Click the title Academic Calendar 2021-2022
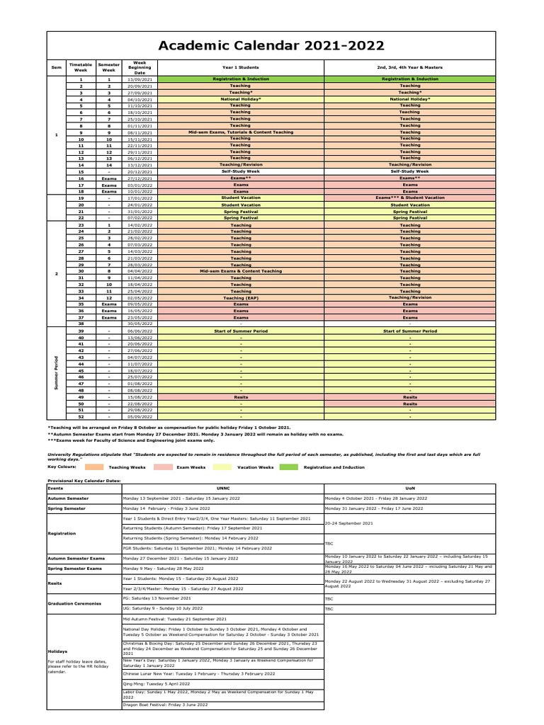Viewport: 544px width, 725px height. (271, 46)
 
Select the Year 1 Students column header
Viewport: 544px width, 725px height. (240, 67)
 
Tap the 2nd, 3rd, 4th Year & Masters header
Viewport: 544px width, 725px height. (409, 67)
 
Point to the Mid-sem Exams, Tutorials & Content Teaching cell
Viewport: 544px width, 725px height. (240, 132)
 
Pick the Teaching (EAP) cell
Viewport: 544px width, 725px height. (240, 298)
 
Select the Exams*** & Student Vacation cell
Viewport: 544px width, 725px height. (409, 198)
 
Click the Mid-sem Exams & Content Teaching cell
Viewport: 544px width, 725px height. (240, 271)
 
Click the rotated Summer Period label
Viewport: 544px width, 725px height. (56, 372)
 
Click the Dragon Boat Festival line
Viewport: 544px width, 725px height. (166, 704)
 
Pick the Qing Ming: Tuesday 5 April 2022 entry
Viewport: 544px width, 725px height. (157, 684)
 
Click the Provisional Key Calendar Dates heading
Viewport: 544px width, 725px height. (84, 481)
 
